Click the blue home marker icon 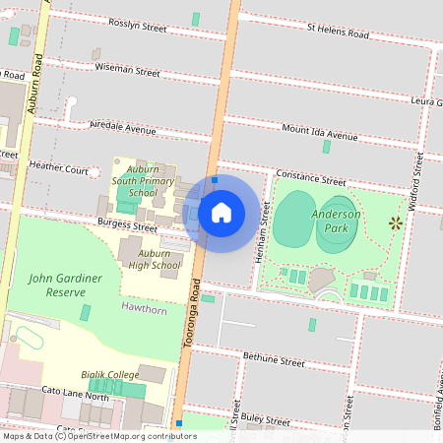coord(221,212)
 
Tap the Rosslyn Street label coord(138,24)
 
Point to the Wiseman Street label coord(128,70)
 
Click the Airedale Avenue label coord(123,129)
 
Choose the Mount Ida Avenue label coord(320,133)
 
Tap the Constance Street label coord(311,177)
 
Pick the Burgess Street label coord(128,225)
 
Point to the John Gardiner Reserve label coord(66,285)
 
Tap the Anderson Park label coord(337,221)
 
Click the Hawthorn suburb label coord(143,307)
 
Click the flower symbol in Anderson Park coord(396,222)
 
